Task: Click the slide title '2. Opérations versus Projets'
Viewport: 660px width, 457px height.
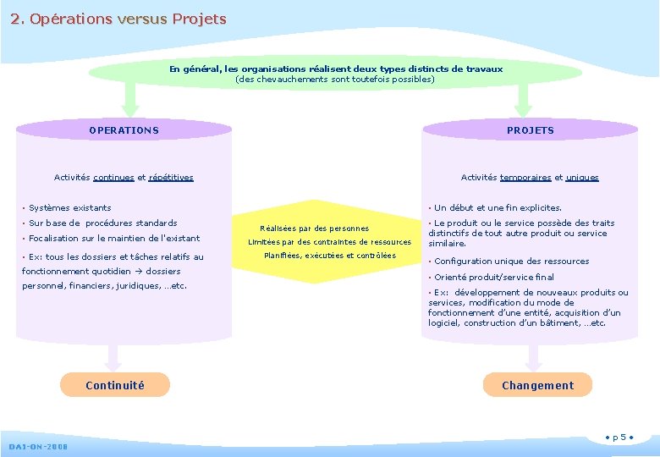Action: point(119,19)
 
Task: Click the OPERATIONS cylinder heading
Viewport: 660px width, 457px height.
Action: point(124,130)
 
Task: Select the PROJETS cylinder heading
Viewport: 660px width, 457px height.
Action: point(531,130)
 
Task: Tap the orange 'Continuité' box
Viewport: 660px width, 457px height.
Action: point(115,385)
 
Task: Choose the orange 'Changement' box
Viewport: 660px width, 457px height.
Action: point(537,385)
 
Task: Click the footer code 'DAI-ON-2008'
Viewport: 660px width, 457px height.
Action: point(39,447)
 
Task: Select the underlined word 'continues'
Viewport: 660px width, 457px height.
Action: point(113,178)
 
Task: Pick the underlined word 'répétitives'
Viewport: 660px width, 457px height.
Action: point(171,178)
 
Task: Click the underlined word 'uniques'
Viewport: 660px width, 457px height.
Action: point(582,178)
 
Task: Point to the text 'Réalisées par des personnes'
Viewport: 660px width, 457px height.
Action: point(314,228)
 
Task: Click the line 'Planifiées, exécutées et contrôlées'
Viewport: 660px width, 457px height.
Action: point(330,256)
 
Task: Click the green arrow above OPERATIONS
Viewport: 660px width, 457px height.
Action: point(130,100)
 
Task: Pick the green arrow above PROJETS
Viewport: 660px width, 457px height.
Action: point(523,100)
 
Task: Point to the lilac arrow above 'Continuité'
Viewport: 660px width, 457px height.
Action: point(114,355)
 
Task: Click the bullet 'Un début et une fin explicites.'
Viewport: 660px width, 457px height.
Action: point(498,207)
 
